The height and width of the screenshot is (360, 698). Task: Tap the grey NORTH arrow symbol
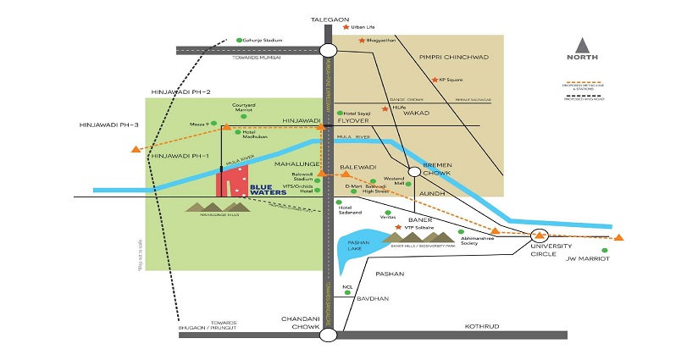(583, 46)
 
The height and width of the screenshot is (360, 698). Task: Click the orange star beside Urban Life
(346, 27)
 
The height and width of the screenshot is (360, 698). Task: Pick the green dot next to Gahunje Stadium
(240, 39)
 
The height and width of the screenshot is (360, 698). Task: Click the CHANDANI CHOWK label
(301, 323)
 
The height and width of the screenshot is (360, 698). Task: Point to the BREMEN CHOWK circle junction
(414, 171)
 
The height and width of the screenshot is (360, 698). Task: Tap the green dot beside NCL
(359, 292)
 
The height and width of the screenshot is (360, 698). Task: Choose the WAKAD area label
(417, 113)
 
